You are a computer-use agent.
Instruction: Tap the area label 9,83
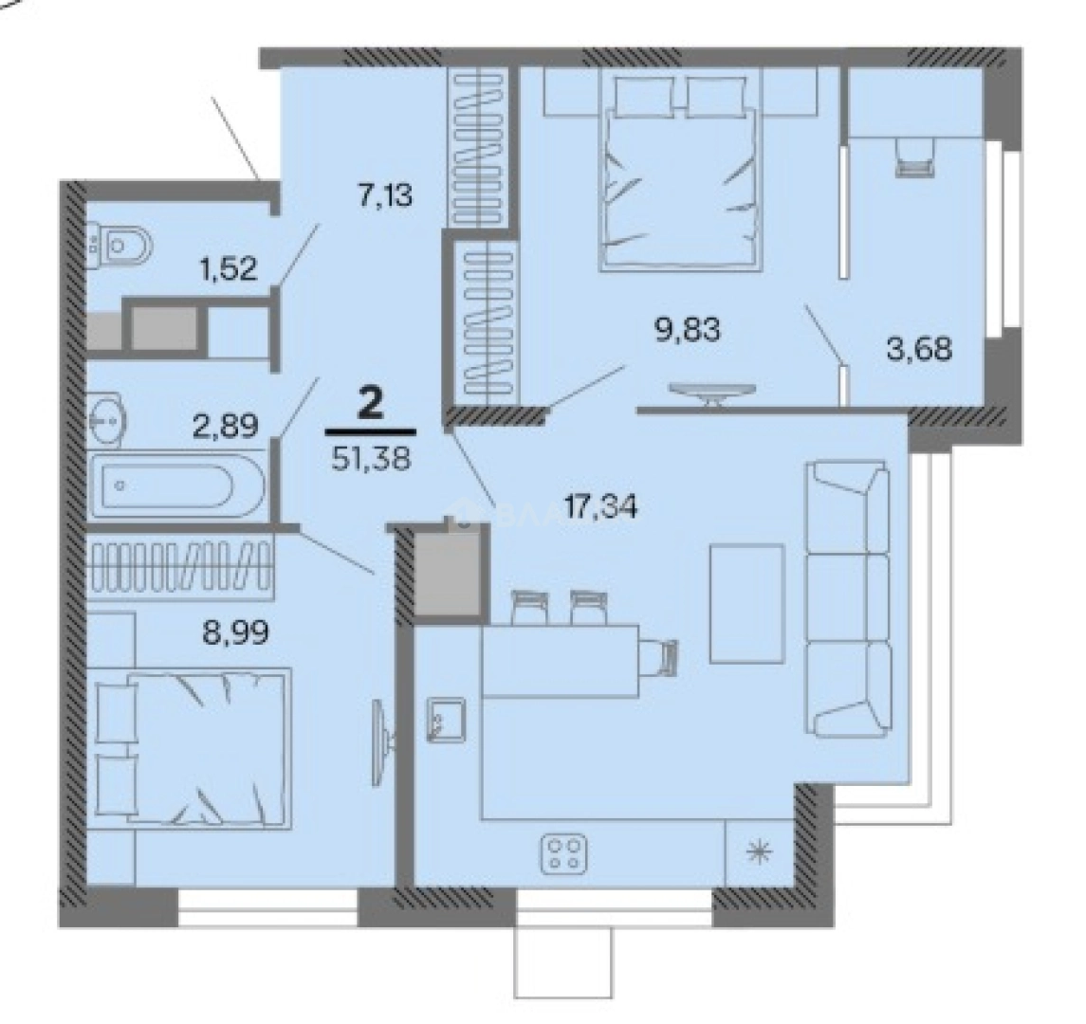click(x=688, y=331)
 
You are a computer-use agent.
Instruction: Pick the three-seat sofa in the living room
click(x=847, y=598)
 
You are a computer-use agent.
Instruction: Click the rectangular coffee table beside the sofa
click(x=747, y=603)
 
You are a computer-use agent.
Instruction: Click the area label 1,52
click(x=227, y=269)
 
